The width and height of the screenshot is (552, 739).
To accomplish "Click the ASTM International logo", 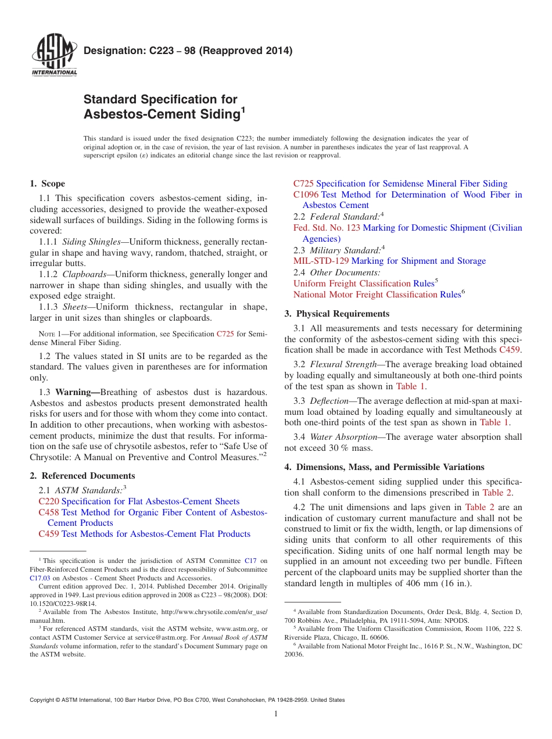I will [53, 56].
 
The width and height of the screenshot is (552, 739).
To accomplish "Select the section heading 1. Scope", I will [48, 184].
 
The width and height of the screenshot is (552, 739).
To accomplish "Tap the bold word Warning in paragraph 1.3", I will [75, 392].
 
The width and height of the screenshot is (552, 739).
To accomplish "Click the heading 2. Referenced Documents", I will [83, 475].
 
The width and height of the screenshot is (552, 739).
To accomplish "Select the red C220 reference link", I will [48, 501].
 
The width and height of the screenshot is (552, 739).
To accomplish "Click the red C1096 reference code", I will [306, 195].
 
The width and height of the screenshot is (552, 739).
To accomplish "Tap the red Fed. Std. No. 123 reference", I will [327, 228].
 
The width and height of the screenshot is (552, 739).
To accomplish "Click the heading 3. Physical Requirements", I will [337, 314].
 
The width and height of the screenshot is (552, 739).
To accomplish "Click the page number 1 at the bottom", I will [276, 713].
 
